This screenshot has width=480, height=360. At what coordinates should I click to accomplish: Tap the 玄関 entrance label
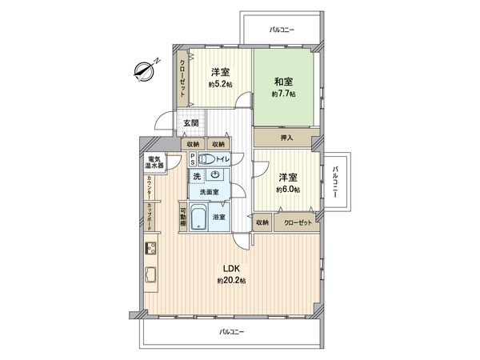click(x=190, y=123)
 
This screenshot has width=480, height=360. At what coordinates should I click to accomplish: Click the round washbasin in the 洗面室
click(x=215, y=175)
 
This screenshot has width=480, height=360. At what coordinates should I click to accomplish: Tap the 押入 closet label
click(x=287, y=138)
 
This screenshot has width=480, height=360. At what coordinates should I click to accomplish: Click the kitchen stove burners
click(x=150, y=249)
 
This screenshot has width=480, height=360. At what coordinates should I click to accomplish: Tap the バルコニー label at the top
click(x=282, y=30)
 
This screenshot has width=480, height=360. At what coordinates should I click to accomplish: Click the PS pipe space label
click(x=192, y=158)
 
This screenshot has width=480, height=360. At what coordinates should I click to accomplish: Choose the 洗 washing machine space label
click(x=197, y=175)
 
